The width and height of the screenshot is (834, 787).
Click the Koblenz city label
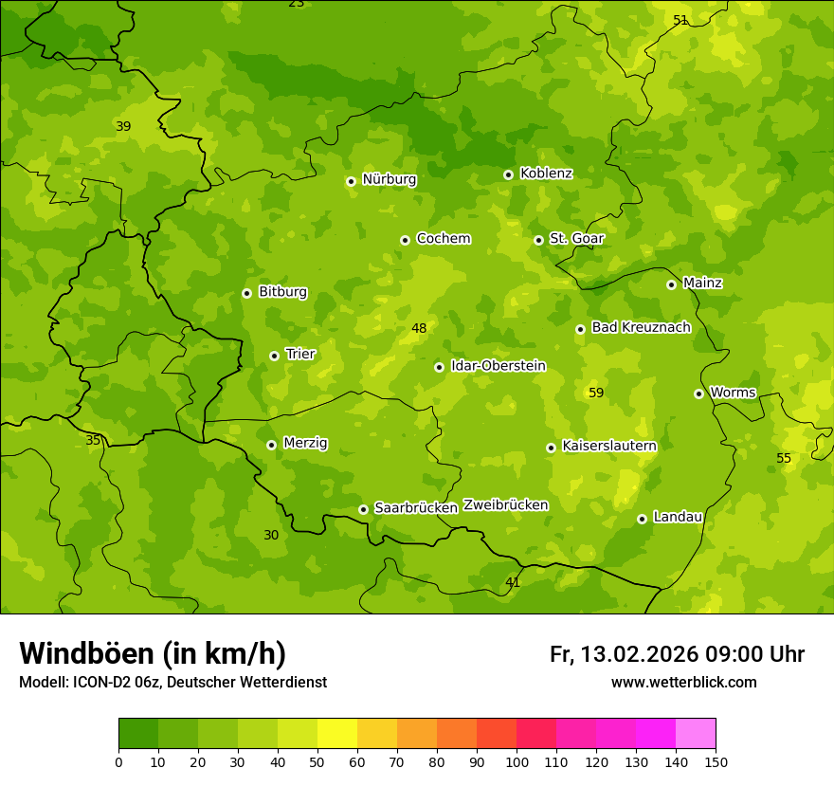pos(546,174)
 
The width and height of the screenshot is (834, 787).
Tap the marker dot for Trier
pos(274,356)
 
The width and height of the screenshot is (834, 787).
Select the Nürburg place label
pos(389,179)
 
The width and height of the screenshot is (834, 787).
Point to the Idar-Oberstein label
pos(499,366)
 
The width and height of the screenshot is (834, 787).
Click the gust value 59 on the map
pos(596,393)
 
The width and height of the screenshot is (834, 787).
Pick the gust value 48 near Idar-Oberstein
pos(419,329)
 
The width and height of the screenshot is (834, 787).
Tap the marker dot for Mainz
pos(671,284)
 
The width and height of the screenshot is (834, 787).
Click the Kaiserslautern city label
pos(609,446)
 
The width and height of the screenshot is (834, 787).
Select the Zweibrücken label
pos(505,505)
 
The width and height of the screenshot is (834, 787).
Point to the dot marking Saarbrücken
pos(363,509)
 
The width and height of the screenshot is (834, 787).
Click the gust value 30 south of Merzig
pos(271,535)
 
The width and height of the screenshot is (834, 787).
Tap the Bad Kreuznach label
pos(641,328)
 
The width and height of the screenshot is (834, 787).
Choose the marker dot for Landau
pos(642,519)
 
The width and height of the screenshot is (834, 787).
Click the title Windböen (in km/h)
pos(152,653)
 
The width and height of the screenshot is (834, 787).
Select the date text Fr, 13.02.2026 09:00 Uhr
pos(677,654)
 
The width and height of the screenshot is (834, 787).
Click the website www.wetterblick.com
pos(683,683)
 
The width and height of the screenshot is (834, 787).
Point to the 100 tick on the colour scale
pos(517,761)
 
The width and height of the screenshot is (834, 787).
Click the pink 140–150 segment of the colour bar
pos(696,734)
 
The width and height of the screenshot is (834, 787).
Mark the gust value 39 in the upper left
pos(123,126)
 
